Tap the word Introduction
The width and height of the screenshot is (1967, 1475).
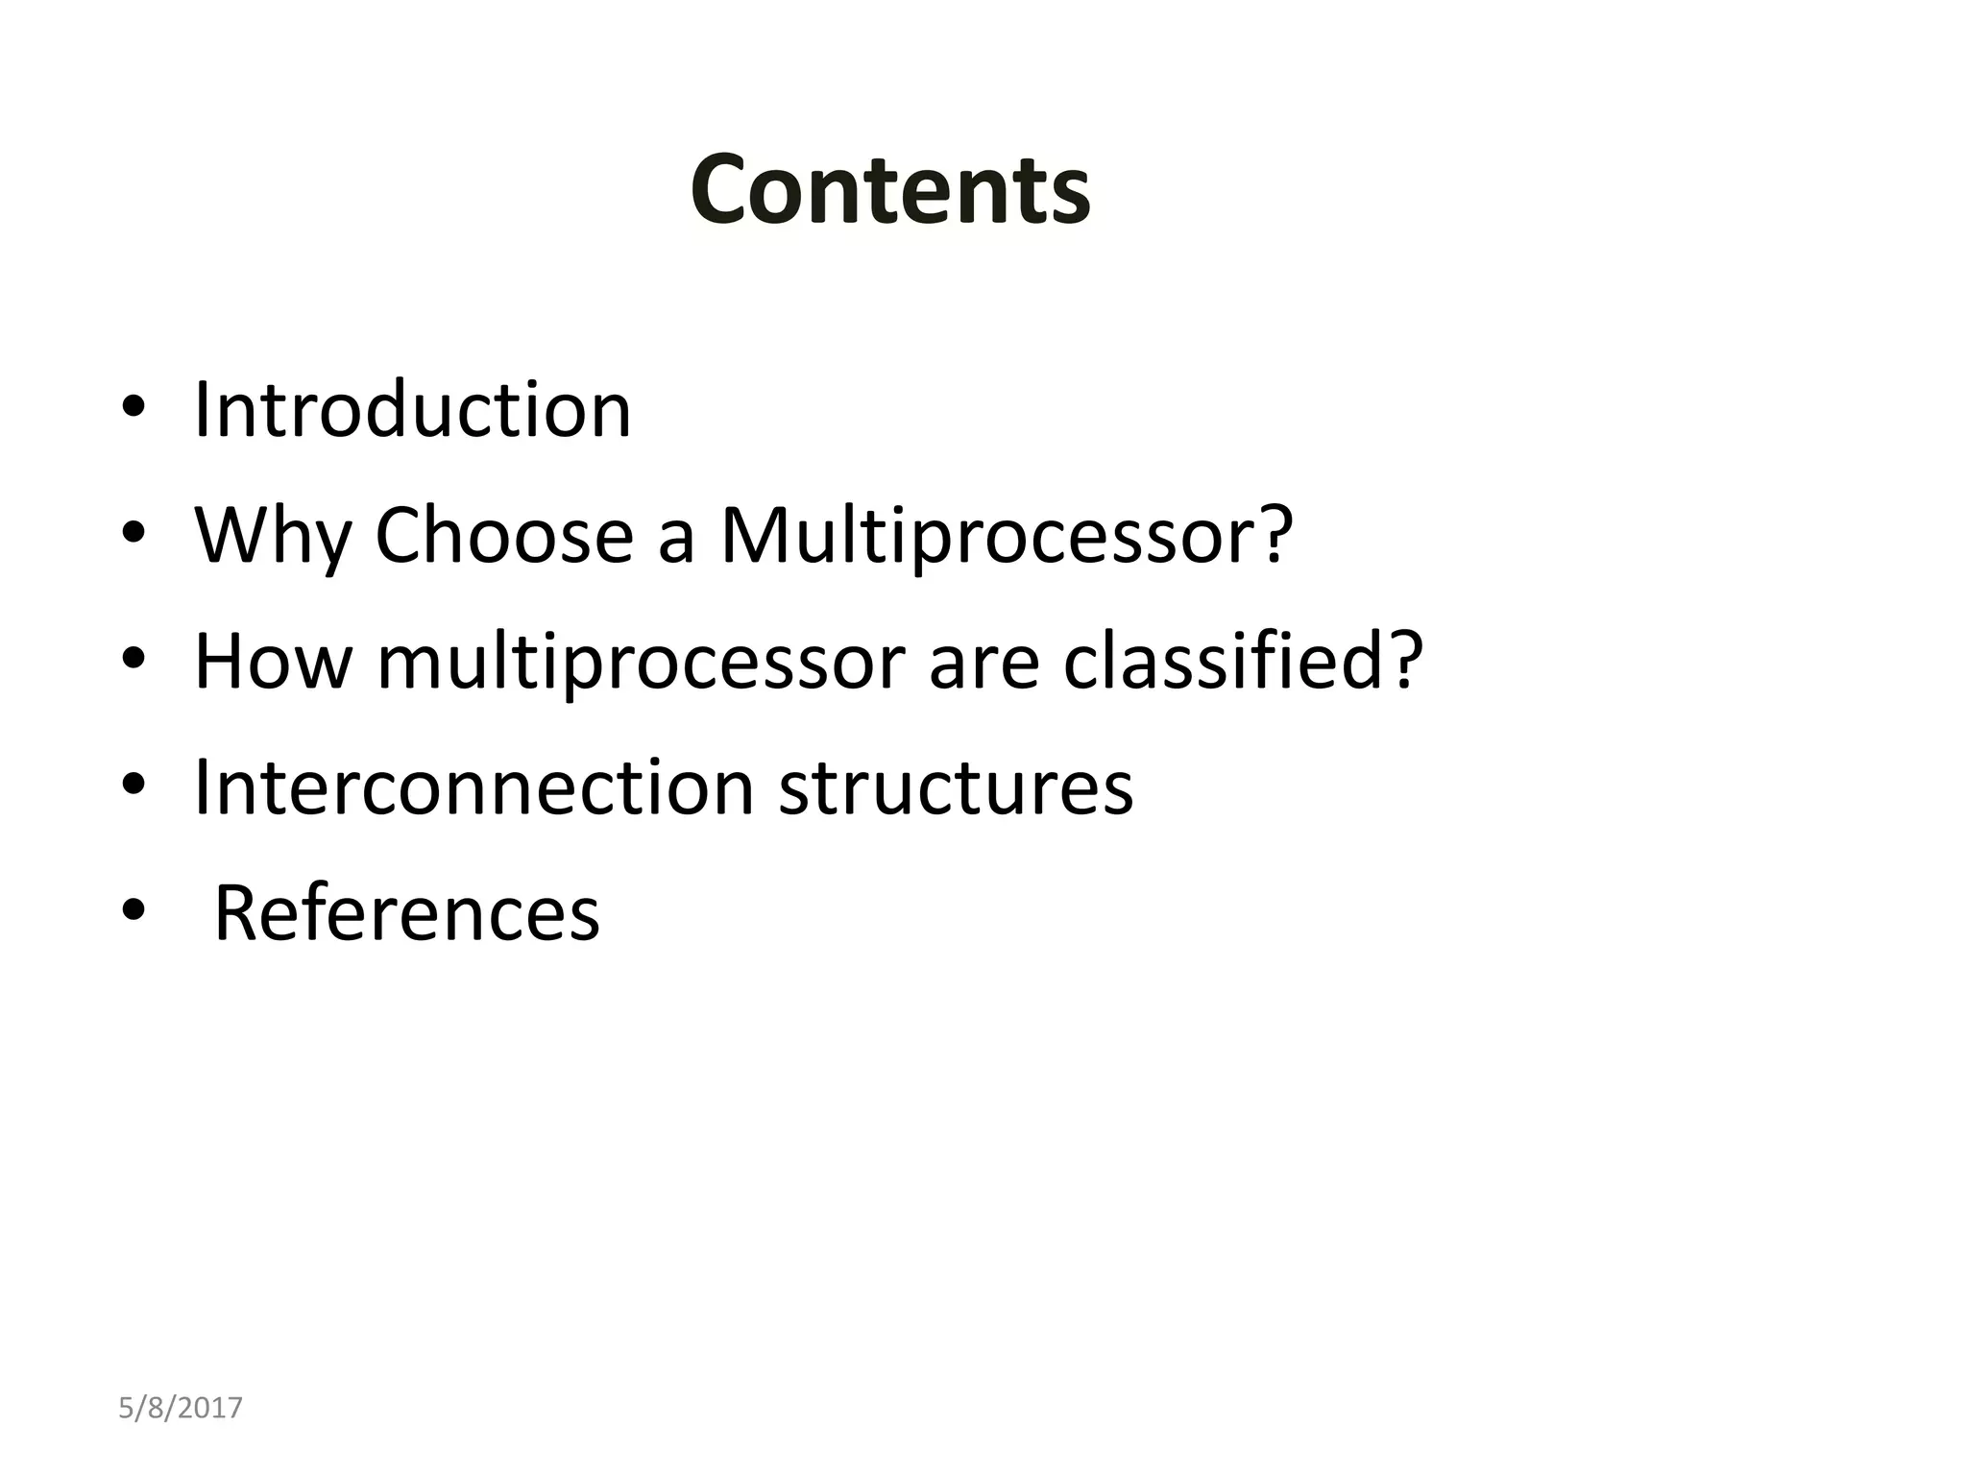(x=413, y=411)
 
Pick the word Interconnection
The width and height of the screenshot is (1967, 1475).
(x=474, y=787)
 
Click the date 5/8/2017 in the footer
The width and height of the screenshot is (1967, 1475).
(x=181, y=1408)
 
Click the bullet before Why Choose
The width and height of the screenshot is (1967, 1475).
(x=134, y=533)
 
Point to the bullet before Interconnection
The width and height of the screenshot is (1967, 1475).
(x=134, y=786)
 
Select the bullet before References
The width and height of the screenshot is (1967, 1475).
(x=134, y=910)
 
